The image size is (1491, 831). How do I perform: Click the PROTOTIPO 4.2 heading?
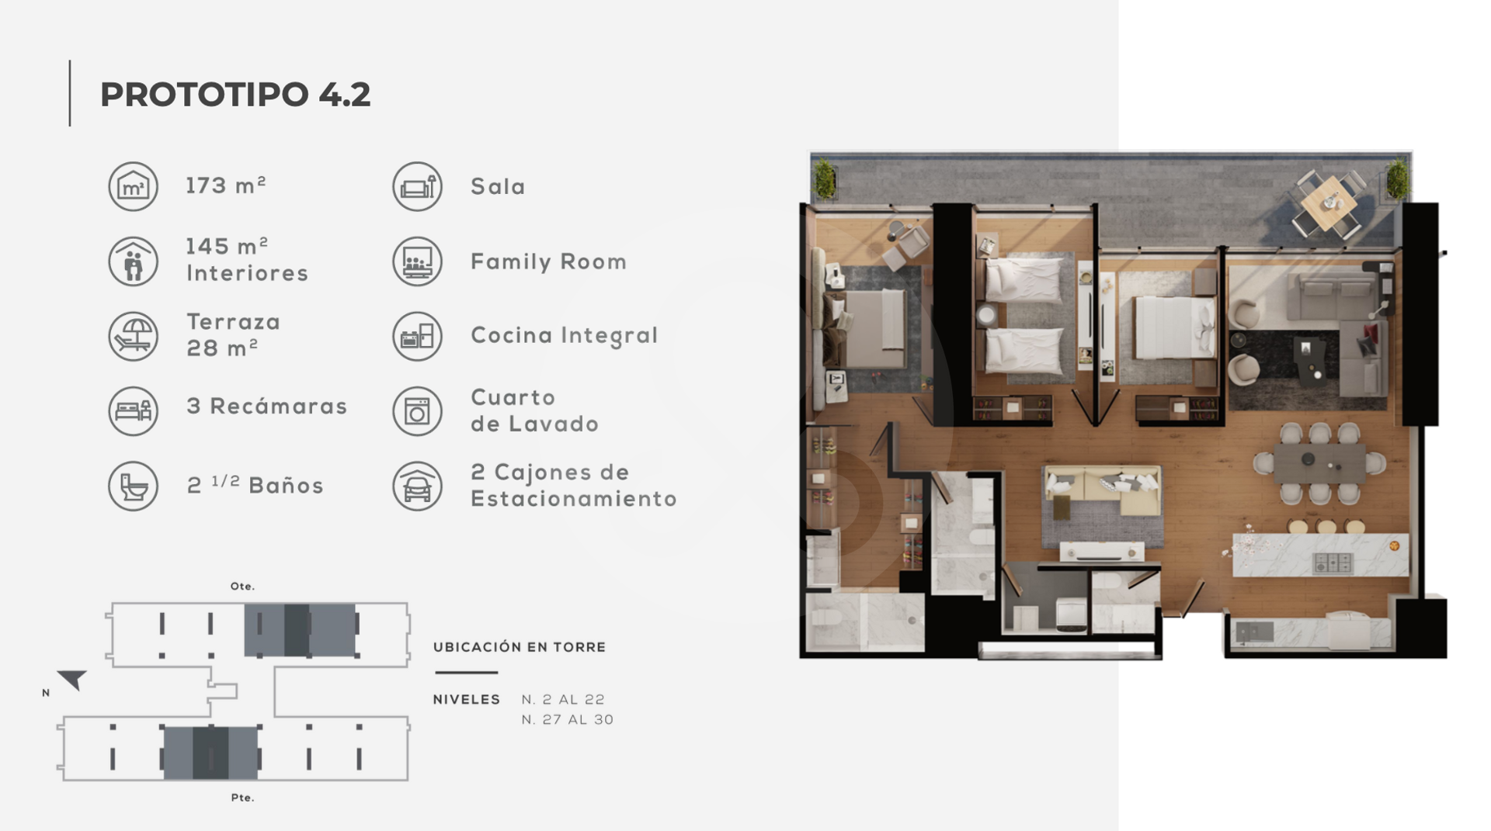tap(235, 95)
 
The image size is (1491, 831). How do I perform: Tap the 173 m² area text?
tap(226, 185)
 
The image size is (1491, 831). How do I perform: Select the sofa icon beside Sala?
tap(417, 186)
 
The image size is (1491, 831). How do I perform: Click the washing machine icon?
tap(417, 411)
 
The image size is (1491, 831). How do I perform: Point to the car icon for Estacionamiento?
tap(417, 486)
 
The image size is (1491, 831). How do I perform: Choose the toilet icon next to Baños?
tap(133, 486)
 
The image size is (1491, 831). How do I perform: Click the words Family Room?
tap(549, 262)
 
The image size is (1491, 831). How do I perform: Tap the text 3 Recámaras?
tap(267, 407)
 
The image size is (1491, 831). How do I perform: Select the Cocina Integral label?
tap(565, 336)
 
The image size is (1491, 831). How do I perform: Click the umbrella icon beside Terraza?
tap(133, 336)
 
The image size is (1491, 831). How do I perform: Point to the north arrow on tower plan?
tap(72, 680)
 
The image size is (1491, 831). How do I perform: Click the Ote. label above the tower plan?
tap(242, 587)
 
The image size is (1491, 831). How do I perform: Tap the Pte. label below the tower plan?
tap(242, 798)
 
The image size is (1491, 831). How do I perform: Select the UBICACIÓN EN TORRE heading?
tap(520, 647)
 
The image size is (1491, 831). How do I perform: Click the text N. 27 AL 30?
tap(568, 720)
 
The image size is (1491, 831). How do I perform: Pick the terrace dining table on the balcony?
tap(1329, 203)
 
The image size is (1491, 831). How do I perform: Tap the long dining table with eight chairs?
tap(1319, 462)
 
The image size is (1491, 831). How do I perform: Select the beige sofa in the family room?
tap(1101, 491)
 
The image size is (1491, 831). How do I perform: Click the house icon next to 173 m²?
tap(133, 186)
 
